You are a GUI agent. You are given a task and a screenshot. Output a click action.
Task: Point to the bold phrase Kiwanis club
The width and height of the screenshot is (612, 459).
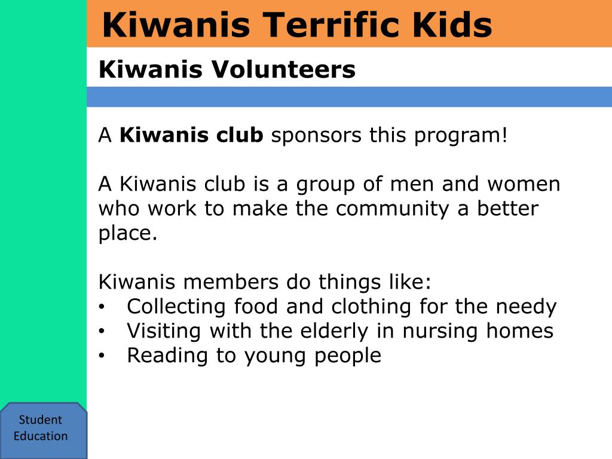tap(191, 135)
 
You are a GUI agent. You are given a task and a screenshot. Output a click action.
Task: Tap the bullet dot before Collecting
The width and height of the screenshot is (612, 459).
tap(102, 307)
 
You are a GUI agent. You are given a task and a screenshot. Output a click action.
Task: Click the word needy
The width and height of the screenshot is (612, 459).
tap(526, 307)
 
